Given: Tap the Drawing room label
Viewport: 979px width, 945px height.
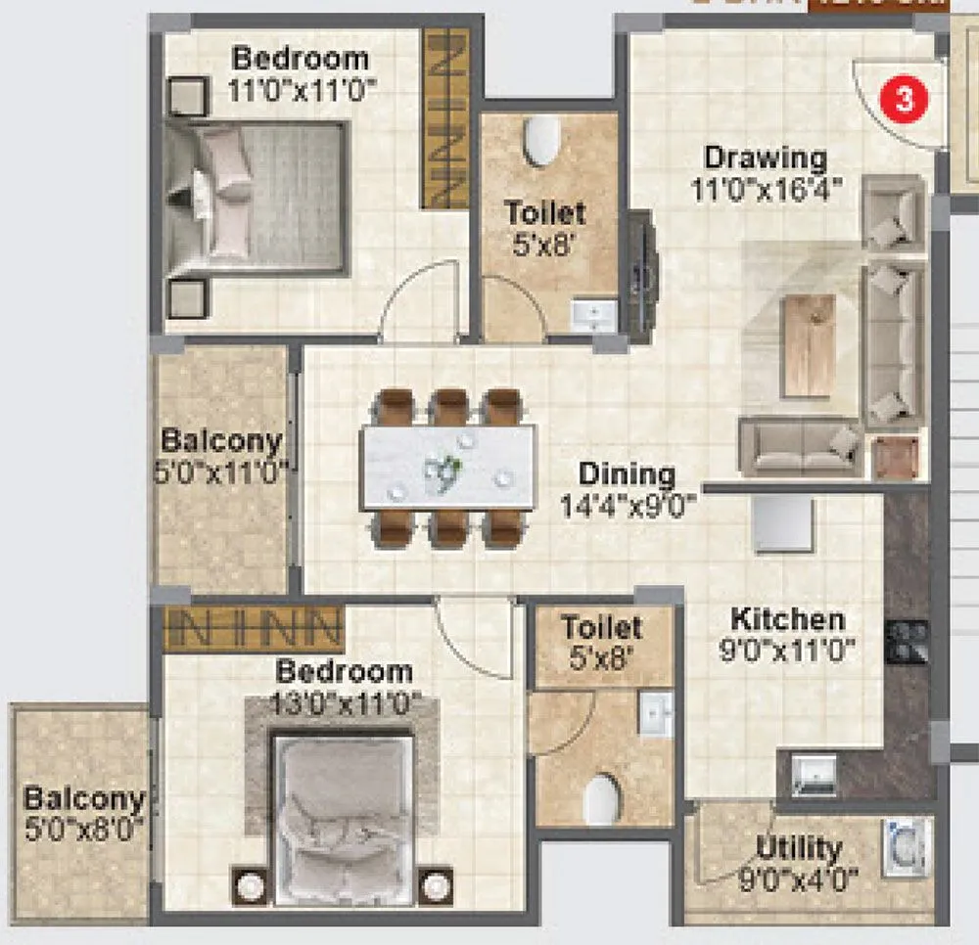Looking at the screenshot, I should [x=766, y=157].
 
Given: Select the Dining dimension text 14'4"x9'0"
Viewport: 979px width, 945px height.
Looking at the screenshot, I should [x=627, y=505].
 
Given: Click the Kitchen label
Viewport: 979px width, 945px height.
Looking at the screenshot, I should [x=788, y=619].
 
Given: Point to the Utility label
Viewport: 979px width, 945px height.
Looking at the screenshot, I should [x=799, y=847].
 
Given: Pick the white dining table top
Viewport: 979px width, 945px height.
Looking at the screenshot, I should [x=448, y=467].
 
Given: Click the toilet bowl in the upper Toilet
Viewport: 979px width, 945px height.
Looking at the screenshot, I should [x=541, y=143].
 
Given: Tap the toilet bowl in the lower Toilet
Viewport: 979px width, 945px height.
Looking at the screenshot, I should [x=602, y=798].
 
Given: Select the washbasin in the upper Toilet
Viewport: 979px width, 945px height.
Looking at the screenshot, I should [x=593, y=315].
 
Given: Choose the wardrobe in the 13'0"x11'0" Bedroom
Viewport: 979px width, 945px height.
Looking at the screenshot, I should [x=253, y=629].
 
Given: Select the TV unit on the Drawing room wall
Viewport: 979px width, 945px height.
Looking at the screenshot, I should [x=642, y=273].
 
